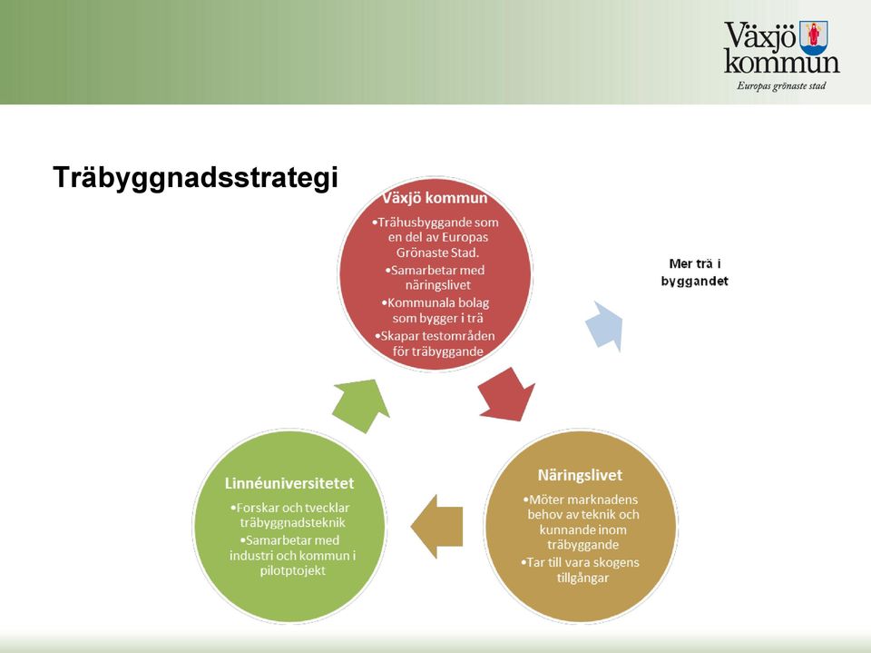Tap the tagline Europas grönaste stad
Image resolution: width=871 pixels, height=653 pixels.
tap(781, 85)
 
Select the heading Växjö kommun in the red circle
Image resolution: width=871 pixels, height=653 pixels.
tap(435, 199)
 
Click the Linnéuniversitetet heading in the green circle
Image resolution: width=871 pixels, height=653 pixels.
tap(289, 483)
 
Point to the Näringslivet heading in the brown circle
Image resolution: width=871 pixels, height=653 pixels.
tap(580, 475)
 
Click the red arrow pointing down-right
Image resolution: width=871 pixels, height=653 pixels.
tap(508, 394)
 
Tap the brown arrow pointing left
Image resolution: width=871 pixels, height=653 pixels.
tap(436, 526)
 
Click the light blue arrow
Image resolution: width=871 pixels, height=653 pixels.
tap(605, 327)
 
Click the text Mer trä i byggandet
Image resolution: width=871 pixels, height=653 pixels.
tap(694, 272)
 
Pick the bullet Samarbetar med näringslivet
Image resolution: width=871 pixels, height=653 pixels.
tap(435, 278)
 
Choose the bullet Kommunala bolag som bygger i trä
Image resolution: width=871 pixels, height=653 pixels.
tap(435, 311)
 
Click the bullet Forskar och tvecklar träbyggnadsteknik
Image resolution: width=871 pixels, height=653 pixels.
tap(289, 515)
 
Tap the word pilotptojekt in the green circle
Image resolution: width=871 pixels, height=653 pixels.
tap(293, 570)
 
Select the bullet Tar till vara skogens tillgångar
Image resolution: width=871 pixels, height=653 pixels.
tap(581, 569)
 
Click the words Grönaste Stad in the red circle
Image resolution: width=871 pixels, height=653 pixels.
tap(437, 252)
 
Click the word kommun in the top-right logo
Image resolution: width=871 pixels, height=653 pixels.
tap(781, 63)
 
